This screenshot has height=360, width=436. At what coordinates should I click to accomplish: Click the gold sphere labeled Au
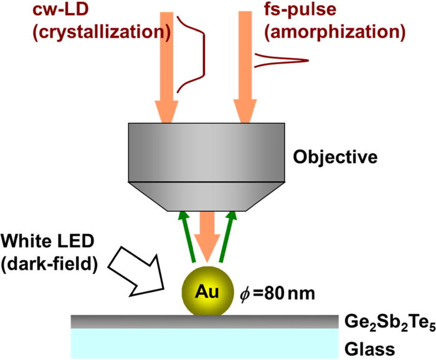(x=209, y=290)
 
